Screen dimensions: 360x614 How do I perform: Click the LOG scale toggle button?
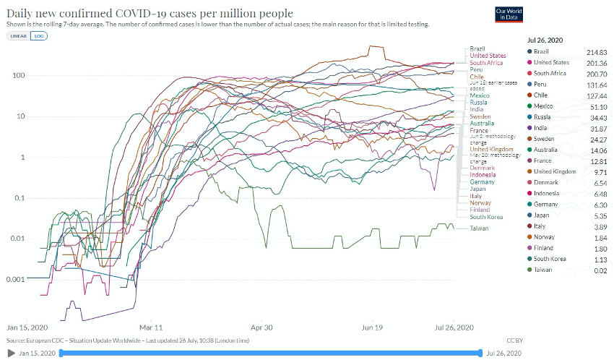[39, 35]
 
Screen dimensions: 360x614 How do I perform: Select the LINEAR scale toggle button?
[18, 35]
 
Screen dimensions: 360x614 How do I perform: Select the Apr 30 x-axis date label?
[261, 327]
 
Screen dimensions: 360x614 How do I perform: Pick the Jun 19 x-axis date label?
[372, 327]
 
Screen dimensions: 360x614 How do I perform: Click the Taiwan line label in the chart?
[479, 228]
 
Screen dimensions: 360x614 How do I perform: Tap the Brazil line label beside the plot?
[477, 48]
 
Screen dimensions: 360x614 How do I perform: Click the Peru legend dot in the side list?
[529, 85]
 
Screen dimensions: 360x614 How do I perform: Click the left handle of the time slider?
[61, 353]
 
